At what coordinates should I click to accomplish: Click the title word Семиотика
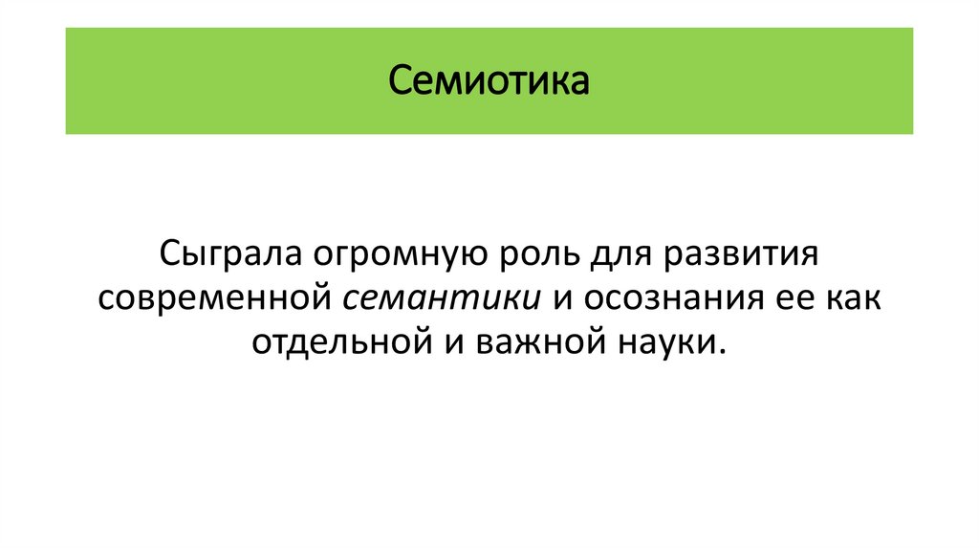pos(489,81)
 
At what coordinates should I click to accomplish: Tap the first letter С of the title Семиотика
pos(399,81)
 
